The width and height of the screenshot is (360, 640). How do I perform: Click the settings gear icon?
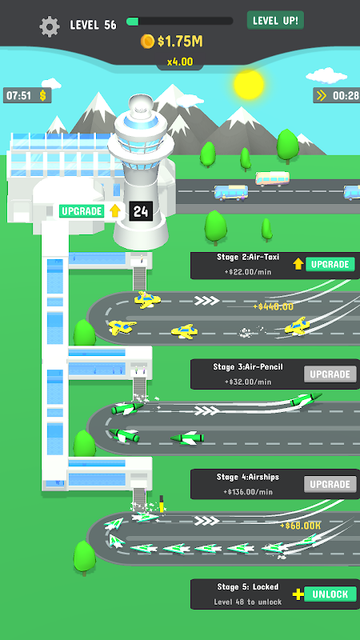[50, 26]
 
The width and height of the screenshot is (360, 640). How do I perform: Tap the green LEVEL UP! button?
[275, 20]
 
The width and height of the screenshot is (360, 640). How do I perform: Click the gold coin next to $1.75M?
[147, 42]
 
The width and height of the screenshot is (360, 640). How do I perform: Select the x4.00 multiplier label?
[179, 62]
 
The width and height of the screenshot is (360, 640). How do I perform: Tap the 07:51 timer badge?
[27, 95]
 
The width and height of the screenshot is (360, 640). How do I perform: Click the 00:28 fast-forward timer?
[337, 95]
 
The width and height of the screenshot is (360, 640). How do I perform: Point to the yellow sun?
[249, 85]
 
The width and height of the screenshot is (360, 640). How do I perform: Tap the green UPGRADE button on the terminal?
[82, 211]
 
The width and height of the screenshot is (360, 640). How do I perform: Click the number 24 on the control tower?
[141, 211]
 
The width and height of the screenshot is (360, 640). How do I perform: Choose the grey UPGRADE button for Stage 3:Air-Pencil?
[330, 374]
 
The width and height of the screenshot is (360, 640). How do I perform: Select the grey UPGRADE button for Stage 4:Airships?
[330, 485]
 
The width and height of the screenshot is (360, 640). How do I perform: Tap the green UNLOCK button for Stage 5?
[330, 594]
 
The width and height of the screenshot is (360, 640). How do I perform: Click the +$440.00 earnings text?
[273, 306]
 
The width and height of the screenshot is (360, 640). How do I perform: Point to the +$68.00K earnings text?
[300, 526]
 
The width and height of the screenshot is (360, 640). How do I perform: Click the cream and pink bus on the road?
[272, 178]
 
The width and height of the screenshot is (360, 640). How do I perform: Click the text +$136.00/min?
[247, 492]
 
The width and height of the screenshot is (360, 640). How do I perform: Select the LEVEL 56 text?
[93, 25]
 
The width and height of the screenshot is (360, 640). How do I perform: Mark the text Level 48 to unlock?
[248, 602]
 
